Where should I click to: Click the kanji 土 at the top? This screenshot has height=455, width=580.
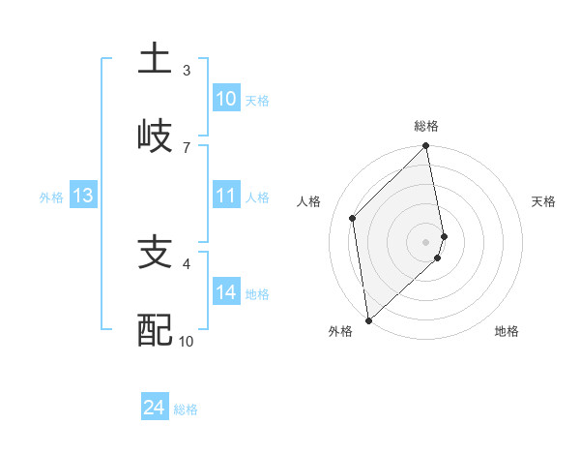click(155, 58)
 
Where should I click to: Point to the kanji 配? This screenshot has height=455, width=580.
click(155, 330)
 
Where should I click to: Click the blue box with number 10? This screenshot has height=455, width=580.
click(225, 99)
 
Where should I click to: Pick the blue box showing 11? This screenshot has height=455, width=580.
click(225, 197)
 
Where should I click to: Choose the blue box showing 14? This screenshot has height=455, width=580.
click(225, 292)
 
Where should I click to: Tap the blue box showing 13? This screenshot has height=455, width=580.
click(82, 197)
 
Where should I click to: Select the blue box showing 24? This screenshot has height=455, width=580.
click(154, 409)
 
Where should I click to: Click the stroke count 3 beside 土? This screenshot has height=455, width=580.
click(187, 70)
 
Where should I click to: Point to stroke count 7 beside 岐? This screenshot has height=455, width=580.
click(187, 147)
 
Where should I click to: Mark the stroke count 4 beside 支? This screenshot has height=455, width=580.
click(187, 262)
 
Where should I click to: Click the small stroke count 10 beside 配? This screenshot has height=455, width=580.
click(187, 341)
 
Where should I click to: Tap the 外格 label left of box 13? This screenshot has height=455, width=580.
click(51, 197)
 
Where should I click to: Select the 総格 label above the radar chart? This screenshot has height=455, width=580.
click(426, 126)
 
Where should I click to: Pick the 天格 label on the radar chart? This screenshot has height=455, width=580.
click(544, 201)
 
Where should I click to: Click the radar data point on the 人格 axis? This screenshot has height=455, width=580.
click(353, 218)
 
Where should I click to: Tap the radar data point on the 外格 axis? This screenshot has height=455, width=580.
click(367, 319)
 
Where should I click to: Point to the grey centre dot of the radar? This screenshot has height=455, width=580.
click(425, 241)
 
